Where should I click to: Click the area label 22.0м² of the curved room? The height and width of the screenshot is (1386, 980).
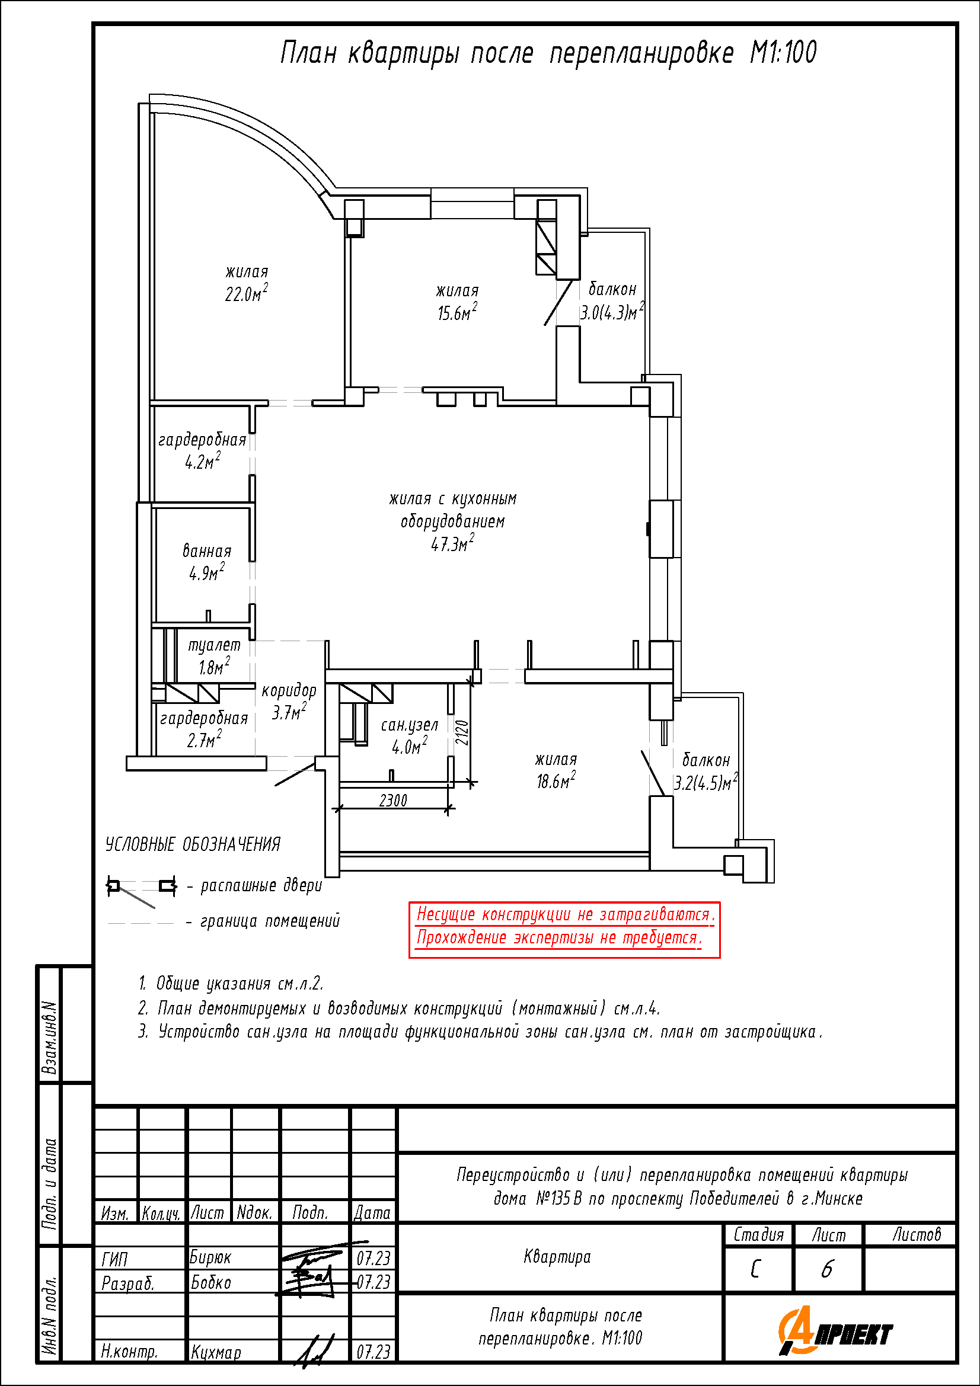(247, 293)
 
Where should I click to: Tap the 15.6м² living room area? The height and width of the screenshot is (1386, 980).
(457, 312)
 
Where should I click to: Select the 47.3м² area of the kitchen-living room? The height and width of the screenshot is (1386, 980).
(452, 543)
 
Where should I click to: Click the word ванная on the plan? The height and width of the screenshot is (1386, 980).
(207, 550)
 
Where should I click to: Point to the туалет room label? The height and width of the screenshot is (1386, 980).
(215, 645)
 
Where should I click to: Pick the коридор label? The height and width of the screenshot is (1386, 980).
(289, 690)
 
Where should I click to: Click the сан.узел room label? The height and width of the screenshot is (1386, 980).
(410, 724)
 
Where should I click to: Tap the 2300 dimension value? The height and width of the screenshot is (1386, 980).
(393, 801)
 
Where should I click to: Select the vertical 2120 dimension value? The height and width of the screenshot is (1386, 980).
(462, 732)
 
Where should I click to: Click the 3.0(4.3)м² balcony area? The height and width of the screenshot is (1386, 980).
(612, 312)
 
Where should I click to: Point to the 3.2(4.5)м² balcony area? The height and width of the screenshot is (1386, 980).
(706, 782)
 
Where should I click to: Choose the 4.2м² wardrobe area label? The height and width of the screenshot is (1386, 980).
(202, 460)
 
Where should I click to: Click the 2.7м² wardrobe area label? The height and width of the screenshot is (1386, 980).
(204, 738)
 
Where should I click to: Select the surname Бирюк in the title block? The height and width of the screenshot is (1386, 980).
(210, 1257)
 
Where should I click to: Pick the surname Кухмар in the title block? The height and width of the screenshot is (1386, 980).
(216, 1352)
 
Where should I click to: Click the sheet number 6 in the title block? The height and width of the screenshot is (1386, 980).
(827, 1269)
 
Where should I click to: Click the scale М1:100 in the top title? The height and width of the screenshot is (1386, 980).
(783, 53)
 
